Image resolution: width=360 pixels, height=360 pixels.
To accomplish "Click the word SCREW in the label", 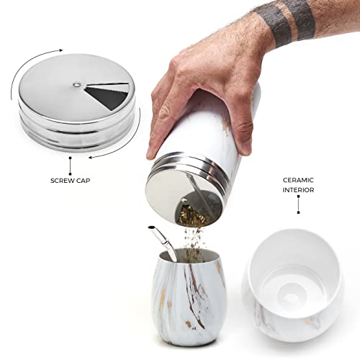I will [63, 179].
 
